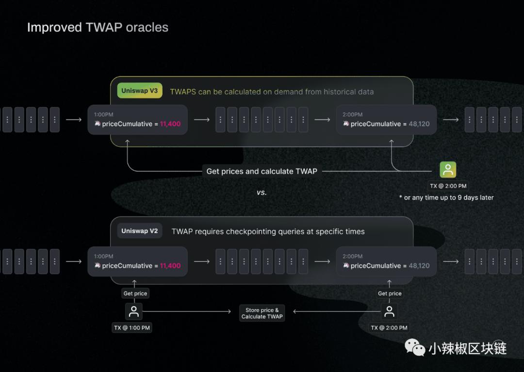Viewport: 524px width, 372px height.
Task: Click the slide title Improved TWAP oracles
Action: click(x=98, y=28)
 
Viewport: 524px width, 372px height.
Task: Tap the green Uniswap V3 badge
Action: click(x=140, y=91)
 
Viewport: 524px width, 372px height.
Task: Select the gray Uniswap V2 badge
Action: click(x=140, y=231)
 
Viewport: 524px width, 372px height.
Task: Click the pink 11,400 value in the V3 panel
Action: click(x=170, y=124)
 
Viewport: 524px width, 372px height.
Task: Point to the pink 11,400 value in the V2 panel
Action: click(x=170, y=266)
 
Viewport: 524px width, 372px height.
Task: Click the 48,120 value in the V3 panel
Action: click(x=419, y=124)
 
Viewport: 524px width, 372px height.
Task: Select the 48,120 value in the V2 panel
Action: click(x=419, y=266)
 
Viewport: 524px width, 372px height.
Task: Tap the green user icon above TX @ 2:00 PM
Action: click(x=448, y=170)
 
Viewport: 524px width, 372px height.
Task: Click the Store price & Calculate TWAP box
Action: click(x=262, y=313)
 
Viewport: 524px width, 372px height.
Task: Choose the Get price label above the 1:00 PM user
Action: click(x=135, y=294)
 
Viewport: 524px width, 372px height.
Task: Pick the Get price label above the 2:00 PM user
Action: click(x=390, y=294)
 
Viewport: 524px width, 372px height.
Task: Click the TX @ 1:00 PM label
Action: click(x=132, y=328)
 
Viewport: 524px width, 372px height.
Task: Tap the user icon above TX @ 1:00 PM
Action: click(x=134, y=311)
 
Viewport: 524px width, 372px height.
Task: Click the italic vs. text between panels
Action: click(x=262, y=192)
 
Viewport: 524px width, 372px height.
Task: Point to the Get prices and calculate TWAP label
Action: click(x=262, y=171)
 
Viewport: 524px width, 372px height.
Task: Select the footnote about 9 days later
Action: click(x=446, y=198)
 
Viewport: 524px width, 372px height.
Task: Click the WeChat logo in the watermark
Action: click(x=415, y=347)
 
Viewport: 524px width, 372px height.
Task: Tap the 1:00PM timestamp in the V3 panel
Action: click(x=103, y=115)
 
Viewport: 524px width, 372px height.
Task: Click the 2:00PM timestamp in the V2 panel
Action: click(x=352, y=257)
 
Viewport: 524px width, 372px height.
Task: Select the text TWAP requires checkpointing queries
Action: click(x=268, y=232)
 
